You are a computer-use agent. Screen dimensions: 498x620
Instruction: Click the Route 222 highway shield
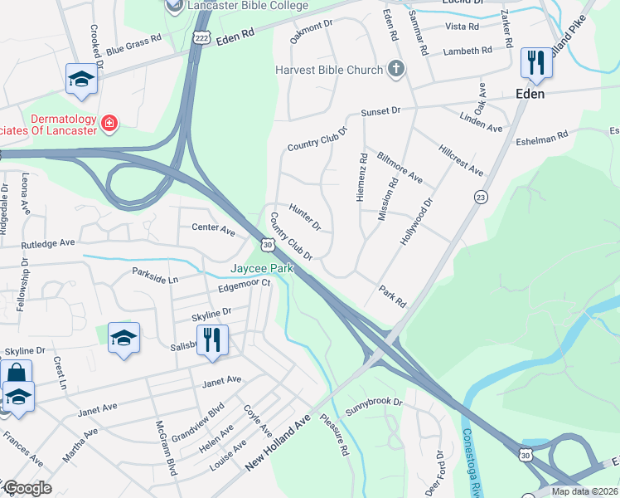(201, 38)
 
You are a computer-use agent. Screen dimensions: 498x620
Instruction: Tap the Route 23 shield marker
(480, 197)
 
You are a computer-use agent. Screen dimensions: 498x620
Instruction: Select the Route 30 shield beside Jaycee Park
(266, 245)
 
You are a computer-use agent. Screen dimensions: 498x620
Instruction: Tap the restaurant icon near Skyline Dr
(212, 340)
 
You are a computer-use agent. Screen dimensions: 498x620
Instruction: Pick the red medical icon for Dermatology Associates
(109, 124)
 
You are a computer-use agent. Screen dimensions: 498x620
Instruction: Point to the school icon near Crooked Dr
(81, 79)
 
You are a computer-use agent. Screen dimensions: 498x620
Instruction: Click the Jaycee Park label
(259, 270)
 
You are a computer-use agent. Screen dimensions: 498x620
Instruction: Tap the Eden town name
(530, 94)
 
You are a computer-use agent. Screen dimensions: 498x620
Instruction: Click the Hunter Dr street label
(305, 217)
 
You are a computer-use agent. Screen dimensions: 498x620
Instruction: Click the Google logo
(27, 488)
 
